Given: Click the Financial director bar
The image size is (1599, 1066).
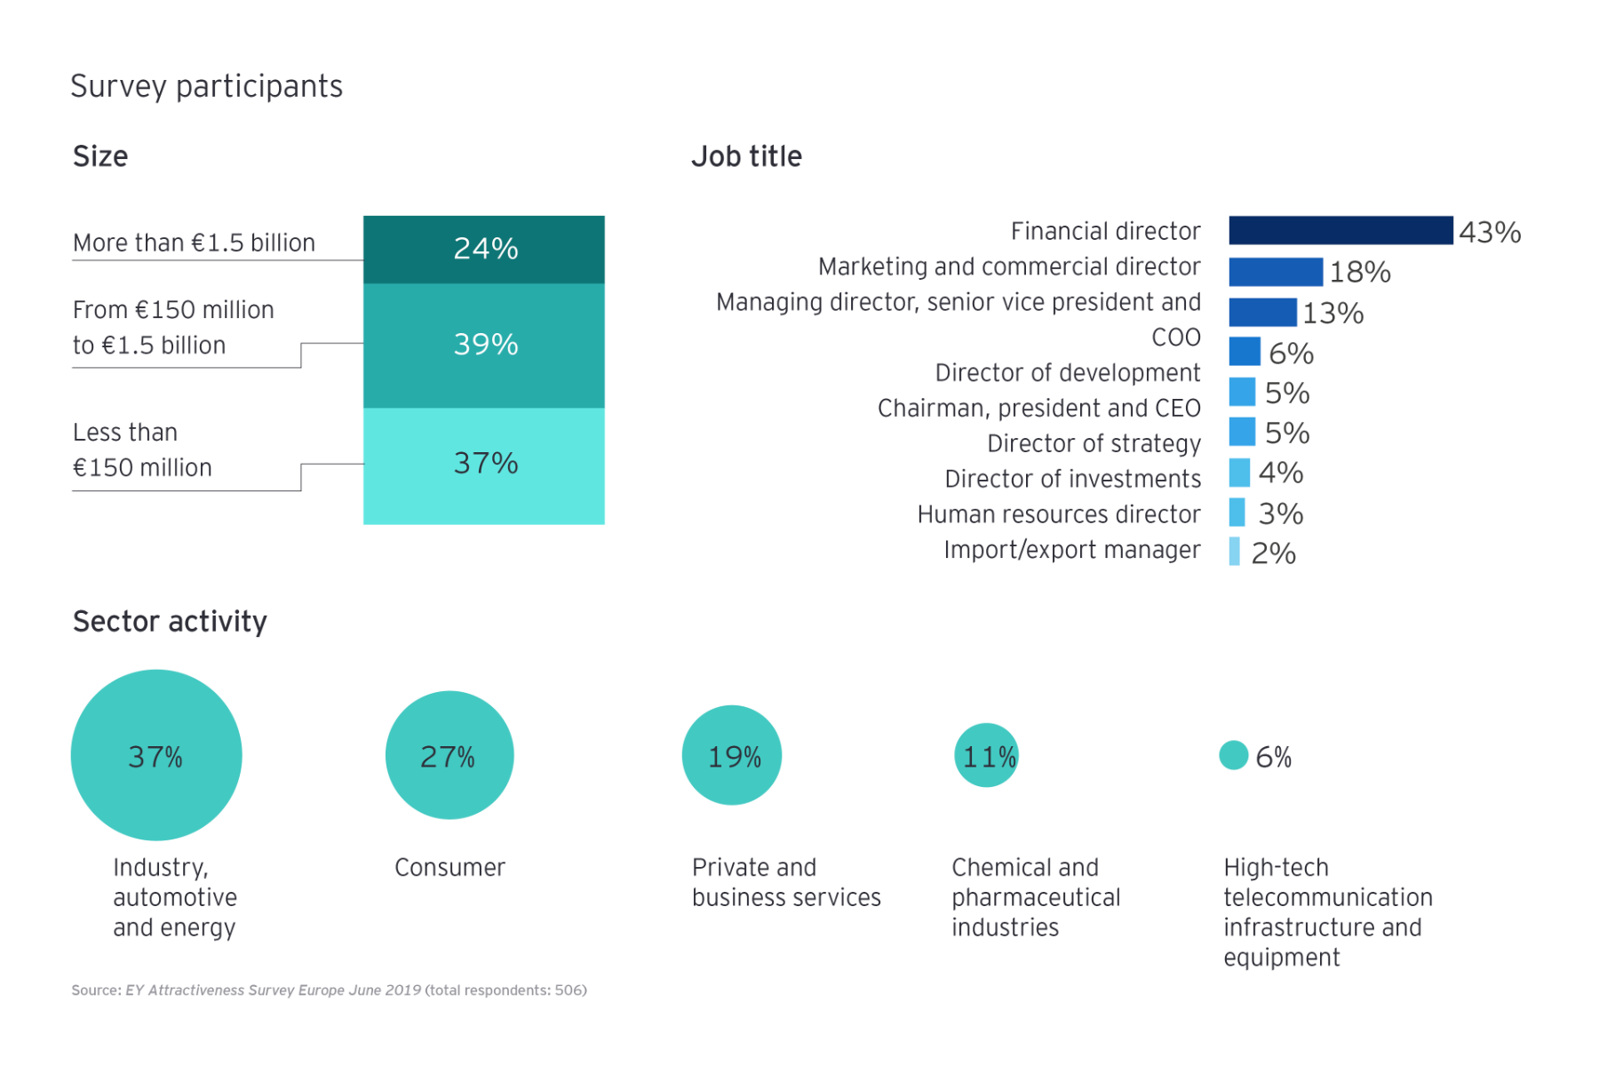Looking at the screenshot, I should pyautogui.click(x=1340, y=230).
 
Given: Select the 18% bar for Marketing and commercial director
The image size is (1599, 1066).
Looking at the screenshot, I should pyautogui.click(x=1275, y=271).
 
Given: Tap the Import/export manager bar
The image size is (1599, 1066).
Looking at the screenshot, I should pyautogui.click(x=1234, y=552).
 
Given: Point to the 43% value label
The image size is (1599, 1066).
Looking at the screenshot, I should pyautogui.click(x=1489, y=232).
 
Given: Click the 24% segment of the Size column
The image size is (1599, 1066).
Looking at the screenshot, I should pyautogui.click(x=483, y=249).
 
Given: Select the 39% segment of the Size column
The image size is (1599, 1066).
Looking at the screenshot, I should pyautogui.click(x=483, y=345).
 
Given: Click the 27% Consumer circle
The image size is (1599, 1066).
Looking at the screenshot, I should pyautogui.click(x=449, y=755).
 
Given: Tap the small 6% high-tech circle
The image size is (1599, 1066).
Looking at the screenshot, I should pyautogui.click(x=1233, y=755).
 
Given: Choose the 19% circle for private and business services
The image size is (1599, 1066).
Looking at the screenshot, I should pyautogui.click(x=731, y=755).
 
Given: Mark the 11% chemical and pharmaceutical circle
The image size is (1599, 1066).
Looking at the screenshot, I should pyautogui.click(x=986, y=755).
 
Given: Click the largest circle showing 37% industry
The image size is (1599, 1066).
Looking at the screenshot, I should pyautogui.click(x=156, y=755).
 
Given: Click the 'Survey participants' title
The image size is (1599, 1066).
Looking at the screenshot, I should pyautogui.click(x=206, y=86).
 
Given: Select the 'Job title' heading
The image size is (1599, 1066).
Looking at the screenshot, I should pyautogui.click(x=746, y=156).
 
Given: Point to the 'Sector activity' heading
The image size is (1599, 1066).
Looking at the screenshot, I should pyautogui.click(x=170, y=621).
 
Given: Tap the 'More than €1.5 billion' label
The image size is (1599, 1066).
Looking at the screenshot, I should pyautogui.click(x=194, y=243).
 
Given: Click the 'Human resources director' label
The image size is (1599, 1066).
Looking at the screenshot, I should pyautogui.click(x=1058, y=514).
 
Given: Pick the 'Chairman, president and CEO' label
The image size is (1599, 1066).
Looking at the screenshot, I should pyautogui.click(x=1038, y=408).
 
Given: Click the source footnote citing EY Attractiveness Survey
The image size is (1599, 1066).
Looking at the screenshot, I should pyautogui.click(x=329, y=990).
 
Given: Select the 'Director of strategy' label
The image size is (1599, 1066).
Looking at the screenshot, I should pyautogui.click(x=1094, y=443).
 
